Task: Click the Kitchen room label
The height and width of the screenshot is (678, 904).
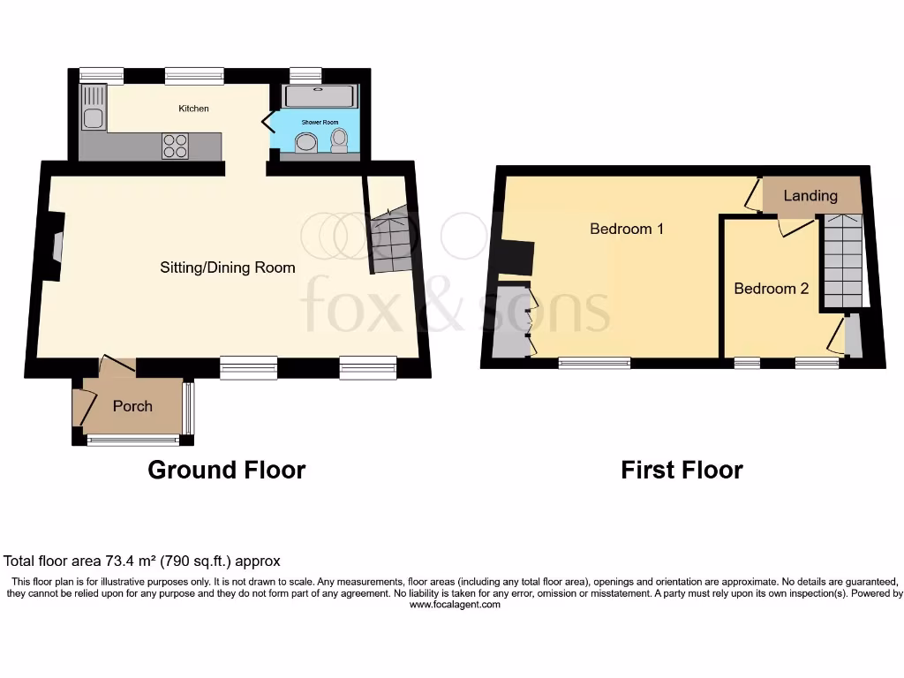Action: point(194,109)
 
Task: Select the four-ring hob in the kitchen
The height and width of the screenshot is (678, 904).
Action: point(175,145)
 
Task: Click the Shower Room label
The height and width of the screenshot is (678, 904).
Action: point(320,117)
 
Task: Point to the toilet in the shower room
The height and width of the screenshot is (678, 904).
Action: point(338,141)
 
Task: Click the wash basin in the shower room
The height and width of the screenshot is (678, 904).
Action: point(306,143)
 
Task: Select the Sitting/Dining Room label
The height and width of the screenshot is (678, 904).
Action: point(227,267)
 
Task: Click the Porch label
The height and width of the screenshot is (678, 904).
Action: point(132,406)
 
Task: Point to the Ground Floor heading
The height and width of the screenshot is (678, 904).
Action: point(226,470)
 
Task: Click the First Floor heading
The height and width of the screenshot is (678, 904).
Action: point(682,470)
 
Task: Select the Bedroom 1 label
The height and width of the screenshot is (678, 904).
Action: point(627,229)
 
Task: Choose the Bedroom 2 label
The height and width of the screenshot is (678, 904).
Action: point(771,289)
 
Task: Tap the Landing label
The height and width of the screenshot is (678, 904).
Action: point(810,195)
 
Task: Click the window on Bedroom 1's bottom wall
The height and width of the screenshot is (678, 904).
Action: point(594,362)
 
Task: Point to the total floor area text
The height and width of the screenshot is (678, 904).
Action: point(141,561)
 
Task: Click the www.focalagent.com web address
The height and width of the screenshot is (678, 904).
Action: point(455,605)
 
